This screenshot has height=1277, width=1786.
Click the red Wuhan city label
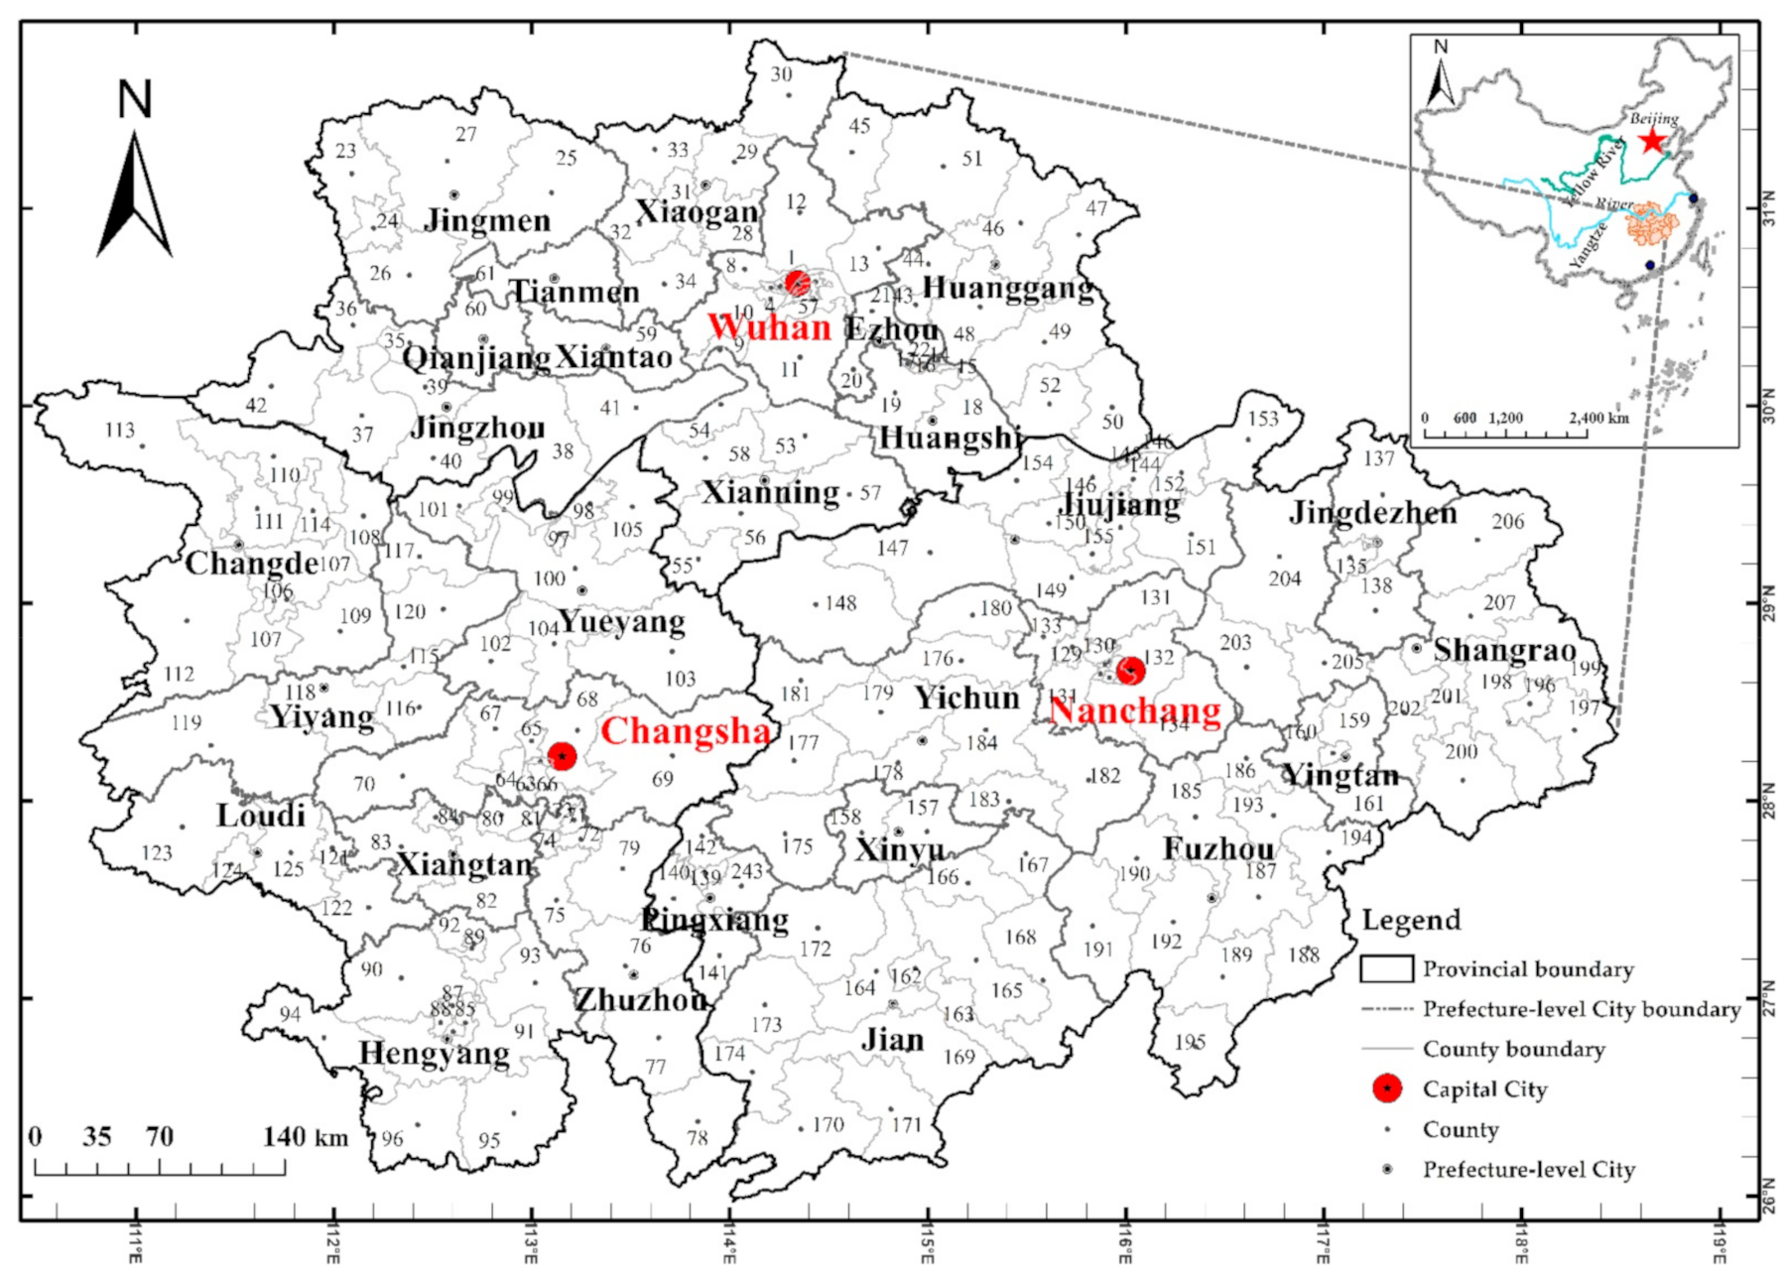pyautogui.click(x=769, y=327)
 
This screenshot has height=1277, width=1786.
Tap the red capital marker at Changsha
pyautogui.click(x=562, y=756)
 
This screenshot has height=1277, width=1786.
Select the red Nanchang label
pyautogui.click(x=1135, y=710)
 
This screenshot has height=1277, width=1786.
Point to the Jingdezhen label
pyautogui.click(x=1373, y=512)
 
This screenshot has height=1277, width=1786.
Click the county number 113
pyautogui.click(x=119, y=430)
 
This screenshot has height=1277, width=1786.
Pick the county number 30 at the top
pyautogui.click(x=781, y=74)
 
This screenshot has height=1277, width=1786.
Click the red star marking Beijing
pyautogui.click(x=1651, y=140)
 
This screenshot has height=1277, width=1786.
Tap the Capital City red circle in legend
pyautogui.click(x=1386, y=1088)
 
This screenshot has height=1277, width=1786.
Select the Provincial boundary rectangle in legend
pyautogui.click(x=1386, y=968)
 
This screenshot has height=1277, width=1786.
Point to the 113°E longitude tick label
pyautogui.click(x=532, y=1241)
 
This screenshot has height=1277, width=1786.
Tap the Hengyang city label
pyautogui.click(x=434, y=1053)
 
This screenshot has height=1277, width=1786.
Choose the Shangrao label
pyautogui.click(x=1504, y=650)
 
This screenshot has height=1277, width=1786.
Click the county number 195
pyautogui.click(x=1190, y=1043)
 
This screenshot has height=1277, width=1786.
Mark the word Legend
pyautogui.click(x=1411, y=920)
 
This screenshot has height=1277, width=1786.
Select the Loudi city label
pyautogui.click(x=260, y=816)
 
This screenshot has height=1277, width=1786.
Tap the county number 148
pyautogui.click(x=840, y=603)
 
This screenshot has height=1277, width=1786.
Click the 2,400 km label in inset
pyautogui.click(x=1599, y=418)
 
